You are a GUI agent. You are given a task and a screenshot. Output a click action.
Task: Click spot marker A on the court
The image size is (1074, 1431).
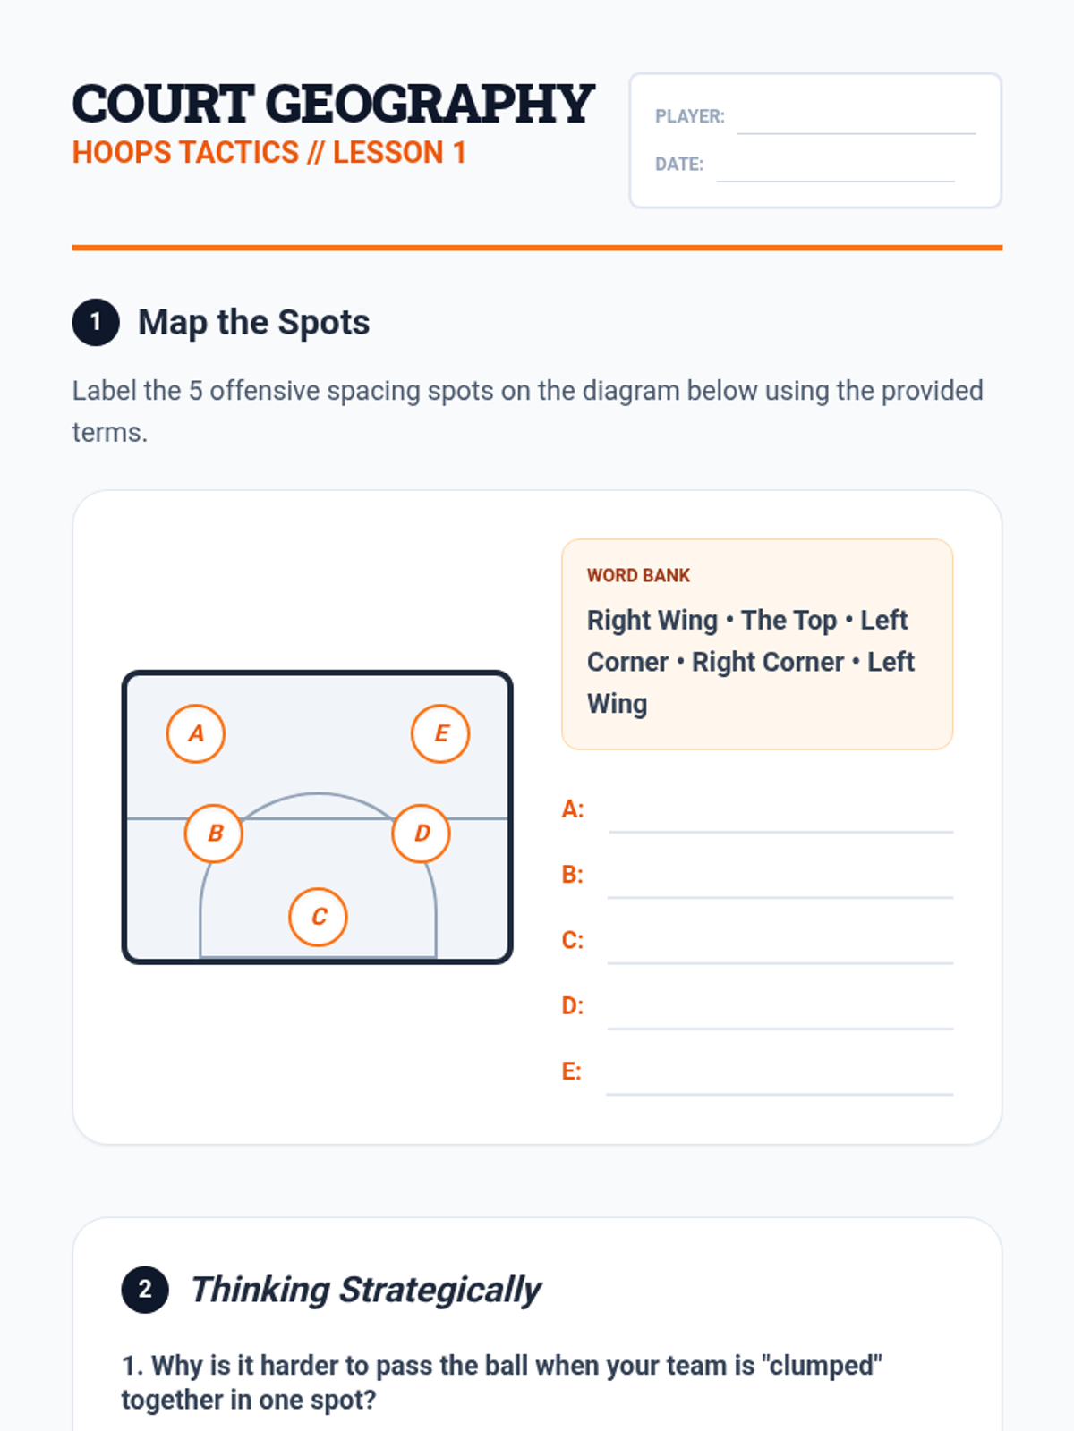coord(196,733)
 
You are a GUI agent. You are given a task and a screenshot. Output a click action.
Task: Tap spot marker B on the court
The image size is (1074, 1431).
coord(214,834)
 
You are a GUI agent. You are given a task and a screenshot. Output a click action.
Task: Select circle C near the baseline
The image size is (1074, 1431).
coord(319,917)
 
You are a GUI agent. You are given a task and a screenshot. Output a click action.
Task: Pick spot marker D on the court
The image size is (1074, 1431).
coord(422,834)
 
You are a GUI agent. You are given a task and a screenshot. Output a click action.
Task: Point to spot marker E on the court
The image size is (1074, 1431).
coord(440,733)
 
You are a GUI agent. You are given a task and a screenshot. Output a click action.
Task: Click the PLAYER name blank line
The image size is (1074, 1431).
coord(857,133)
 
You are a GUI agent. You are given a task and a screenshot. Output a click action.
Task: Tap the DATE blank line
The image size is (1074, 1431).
coord(835,182)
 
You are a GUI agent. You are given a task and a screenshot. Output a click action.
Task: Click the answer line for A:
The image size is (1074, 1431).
coord(781,832)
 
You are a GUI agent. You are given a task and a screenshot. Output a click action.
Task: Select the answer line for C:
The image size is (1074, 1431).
coord(780,963)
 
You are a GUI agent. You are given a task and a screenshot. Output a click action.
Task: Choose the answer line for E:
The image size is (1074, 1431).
coord(780,1094)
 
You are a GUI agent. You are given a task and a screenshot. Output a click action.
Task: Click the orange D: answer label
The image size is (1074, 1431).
coord(573,1006)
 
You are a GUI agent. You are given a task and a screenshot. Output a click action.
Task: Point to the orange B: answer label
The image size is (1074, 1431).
coord(573,875)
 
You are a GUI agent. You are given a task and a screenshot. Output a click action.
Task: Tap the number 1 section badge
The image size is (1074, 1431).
coord(96,322)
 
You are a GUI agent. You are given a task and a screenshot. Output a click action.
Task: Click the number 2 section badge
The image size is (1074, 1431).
coord(145,1290)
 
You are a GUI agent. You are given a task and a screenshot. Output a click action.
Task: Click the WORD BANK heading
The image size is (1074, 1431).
coord(638,576)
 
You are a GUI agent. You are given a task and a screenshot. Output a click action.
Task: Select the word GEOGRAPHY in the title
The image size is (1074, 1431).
coord(430,105)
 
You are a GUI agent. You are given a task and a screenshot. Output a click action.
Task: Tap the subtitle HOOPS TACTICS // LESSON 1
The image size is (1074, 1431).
coord(269,153)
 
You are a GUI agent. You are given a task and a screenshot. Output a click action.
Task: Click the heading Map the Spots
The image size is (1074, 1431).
coord(253,322)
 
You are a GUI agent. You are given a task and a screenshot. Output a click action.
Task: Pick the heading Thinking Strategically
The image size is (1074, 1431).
coord(365,1290)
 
